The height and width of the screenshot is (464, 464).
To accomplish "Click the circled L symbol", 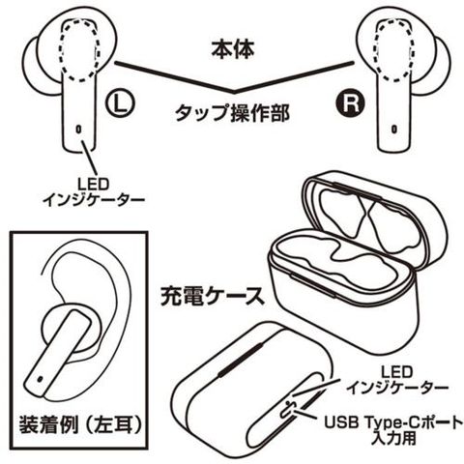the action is pyautogui.click(x=120, y=103).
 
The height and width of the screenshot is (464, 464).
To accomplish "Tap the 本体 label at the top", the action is pyautogui.click(x=233, y=49).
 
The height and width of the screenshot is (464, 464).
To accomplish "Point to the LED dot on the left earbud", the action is pyautogui.click(x=78, y=130).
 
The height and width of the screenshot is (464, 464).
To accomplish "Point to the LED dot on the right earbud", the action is pyautogui.click(x=393, y=129).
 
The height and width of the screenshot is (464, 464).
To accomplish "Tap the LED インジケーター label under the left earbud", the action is pyautogui.click(x=94, y=192).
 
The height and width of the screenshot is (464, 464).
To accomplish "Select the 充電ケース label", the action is pyautogui.click(x=213, y=297).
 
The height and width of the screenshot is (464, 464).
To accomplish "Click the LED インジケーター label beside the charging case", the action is pyautogui.click(x=397, y=380).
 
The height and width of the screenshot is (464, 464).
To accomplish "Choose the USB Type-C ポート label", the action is pyautogui.click(x=393, y=422).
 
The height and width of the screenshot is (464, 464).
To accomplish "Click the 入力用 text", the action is pyautogui.click(x=393, y=439).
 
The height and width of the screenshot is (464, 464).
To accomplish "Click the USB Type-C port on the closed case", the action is pyautogui.click(x=288, y=409).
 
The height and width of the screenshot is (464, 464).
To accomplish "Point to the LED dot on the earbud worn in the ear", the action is pyautogui.click(x=41, y=379).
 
